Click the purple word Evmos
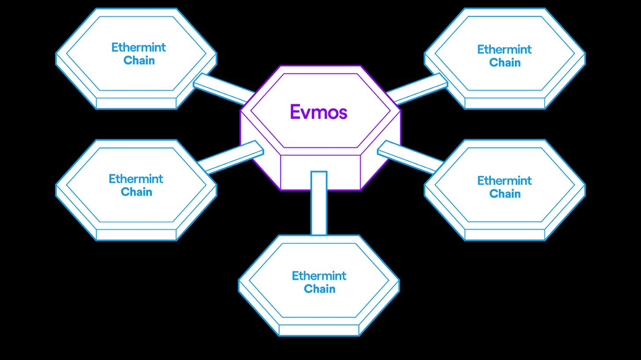318,112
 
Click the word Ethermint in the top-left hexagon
138,48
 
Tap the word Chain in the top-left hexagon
139,61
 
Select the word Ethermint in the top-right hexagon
504,49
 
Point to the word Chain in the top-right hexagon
505,62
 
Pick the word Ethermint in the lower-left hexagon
136,179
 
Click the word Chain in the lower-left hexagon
136,192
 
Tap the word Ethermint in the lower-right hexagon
504,180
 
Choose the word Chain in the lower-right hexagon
505,194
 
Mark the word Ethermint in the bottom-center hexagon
319,276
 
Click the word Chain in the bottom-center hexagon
319,289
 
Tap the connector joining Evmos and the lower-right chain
409,156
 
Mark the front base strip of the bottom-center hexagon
319,330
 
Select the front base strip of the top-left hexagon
136,103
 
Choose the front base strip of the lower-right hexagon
505,235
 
